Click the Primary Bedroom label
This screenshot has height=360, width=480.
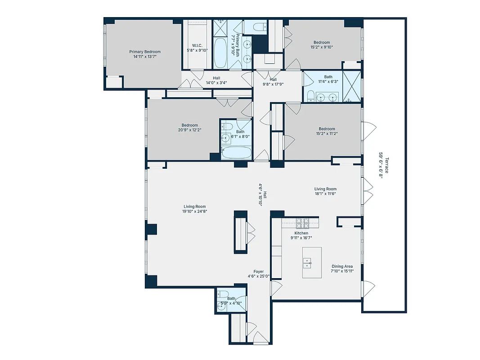(x=144, y=52)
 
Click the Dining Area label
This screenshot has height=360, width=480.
(x=342, y=266)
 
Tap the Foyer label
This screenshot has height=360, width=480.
(x=258, y=271)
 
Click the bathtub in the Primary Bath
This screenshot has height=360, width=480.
(x=220, y=53)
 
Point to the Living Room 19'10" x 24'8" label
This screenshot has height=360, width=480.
(x=194, y=207)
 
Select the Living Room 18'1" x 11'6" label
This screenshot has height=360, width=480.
(x=325, y=189)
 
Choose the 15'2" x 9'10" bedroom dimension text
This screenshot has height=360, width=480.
(x=321, y=47)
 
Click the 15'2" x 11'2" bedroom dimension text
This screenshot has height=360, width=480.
(x=327, y=134)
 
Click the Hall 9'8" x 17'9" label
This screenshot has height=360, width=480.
(x=273, y=80)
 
